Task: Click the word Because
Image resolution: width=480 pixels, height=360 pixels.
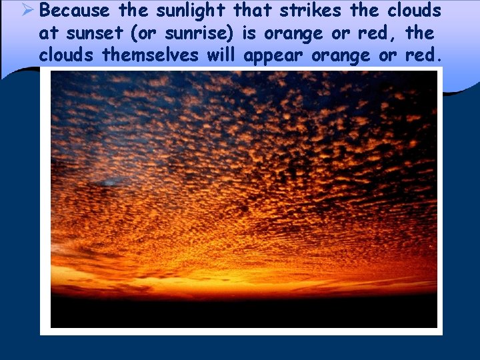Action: [74, 11]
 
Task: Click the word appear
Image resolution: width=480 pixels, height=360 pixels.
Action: [274, 55]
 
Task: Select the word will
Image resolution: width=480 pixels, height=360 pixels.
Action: [222, 55]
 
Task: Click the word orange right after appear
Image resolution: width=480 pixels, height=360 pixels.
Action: [341, 56]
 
